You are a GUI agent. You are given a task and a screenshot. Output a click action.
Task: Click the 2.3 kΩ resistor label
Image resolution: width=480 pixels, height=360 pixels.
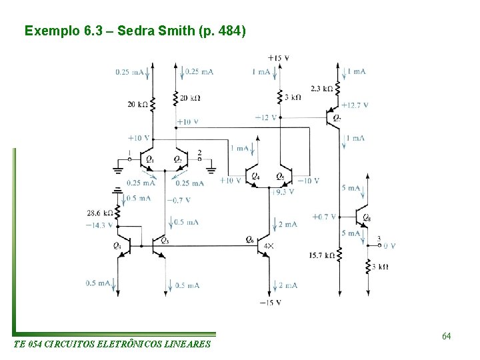coord(322,88)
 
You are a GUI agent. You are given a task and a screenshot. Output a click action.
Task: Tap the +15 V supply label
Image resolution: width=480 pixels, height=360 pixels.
coord(278,58)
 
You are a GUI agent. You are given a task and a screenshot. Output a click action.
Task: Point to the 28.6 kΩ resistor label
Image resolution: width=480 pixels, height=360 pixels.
coord(98,213)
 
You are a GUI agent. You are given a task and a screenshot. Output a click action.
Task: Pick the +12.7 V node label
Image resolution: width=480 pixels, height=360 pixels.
coord(355,105)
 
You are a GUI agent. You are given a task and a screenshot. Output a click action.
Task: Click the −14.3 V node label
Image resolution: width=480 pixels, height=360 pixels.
coord(98,225)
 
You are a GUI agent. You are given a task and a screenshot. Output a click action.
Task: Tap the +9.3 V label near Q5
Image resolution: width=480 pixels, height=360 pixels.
coord(283,191)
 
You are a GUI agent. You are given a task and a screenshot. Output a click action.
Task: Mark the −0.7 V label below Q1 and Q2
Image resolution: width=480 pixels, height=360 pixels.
coord(181,200)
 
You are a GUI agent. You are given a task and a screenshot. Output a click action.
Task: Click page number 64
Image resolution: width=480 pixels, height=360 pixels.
coord(447,337)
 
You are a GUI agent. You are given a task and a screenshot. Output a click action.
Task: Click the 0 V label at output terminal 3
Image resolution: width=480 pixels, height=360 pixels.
coord(389,245)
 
